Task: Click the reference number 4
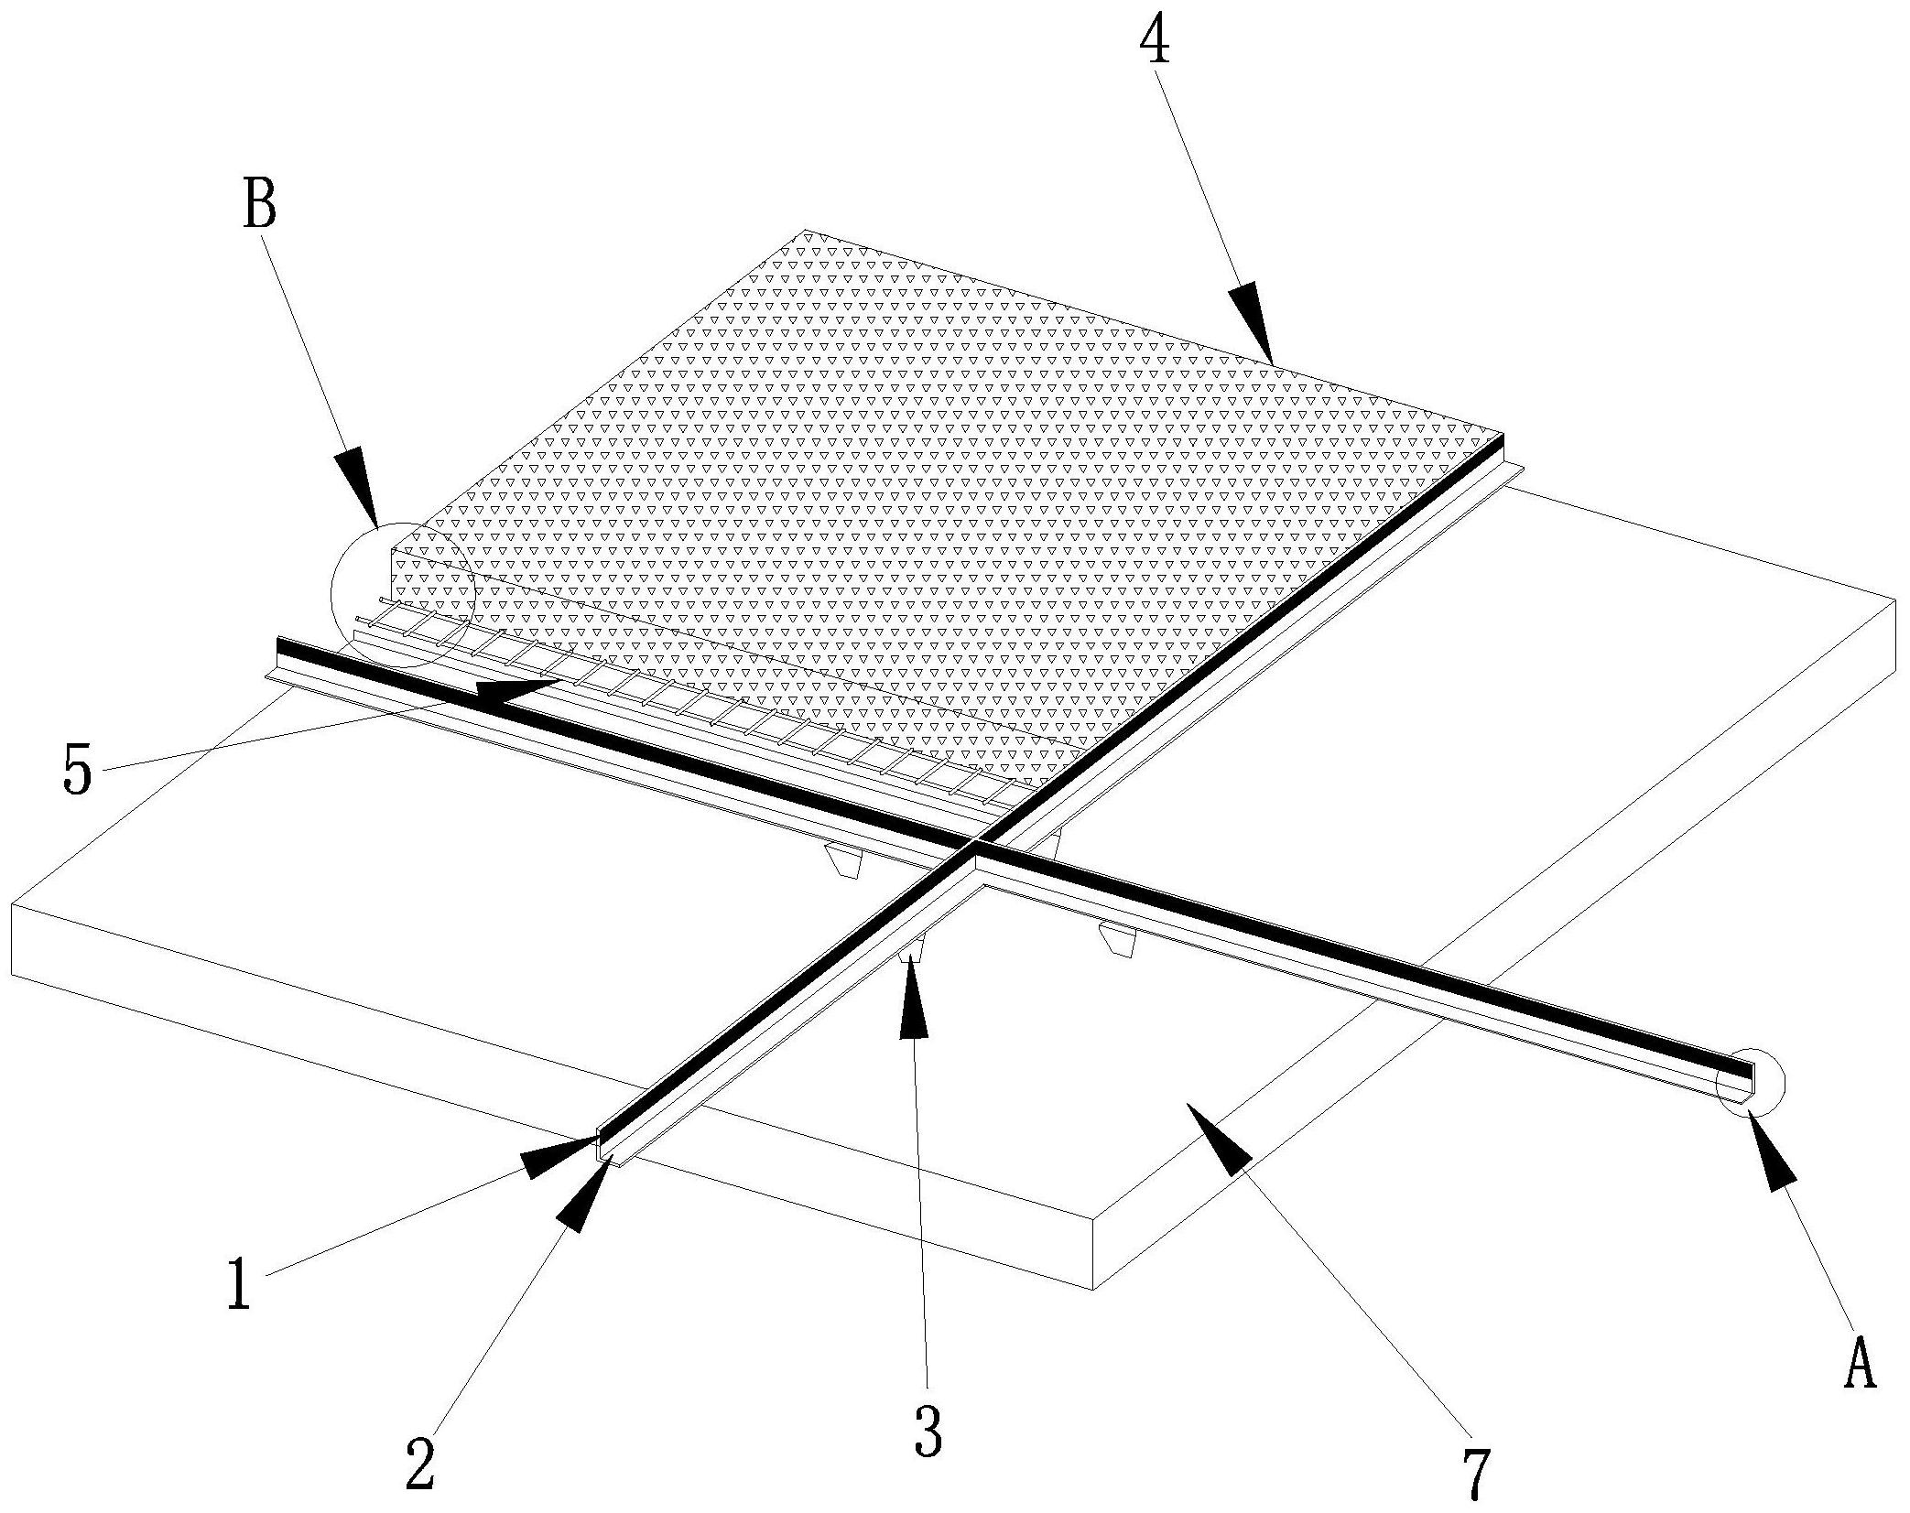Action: point(1156,41)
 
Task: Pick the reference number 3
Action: point(928,1432)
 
